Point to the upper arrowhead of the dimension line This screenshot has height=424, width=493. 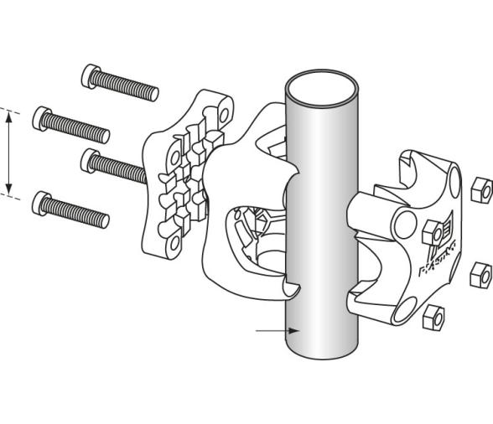tap(9, 118)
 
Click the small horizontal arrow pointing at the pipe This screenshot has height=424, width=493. tap(268, 331)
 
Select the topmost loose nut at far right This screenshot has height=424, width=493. tap(481, 191)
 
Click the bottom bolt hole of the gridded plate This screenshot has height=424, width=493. tap(174, 244)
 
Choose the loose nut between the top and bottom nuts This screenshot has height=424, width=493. tap(480, 273)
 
